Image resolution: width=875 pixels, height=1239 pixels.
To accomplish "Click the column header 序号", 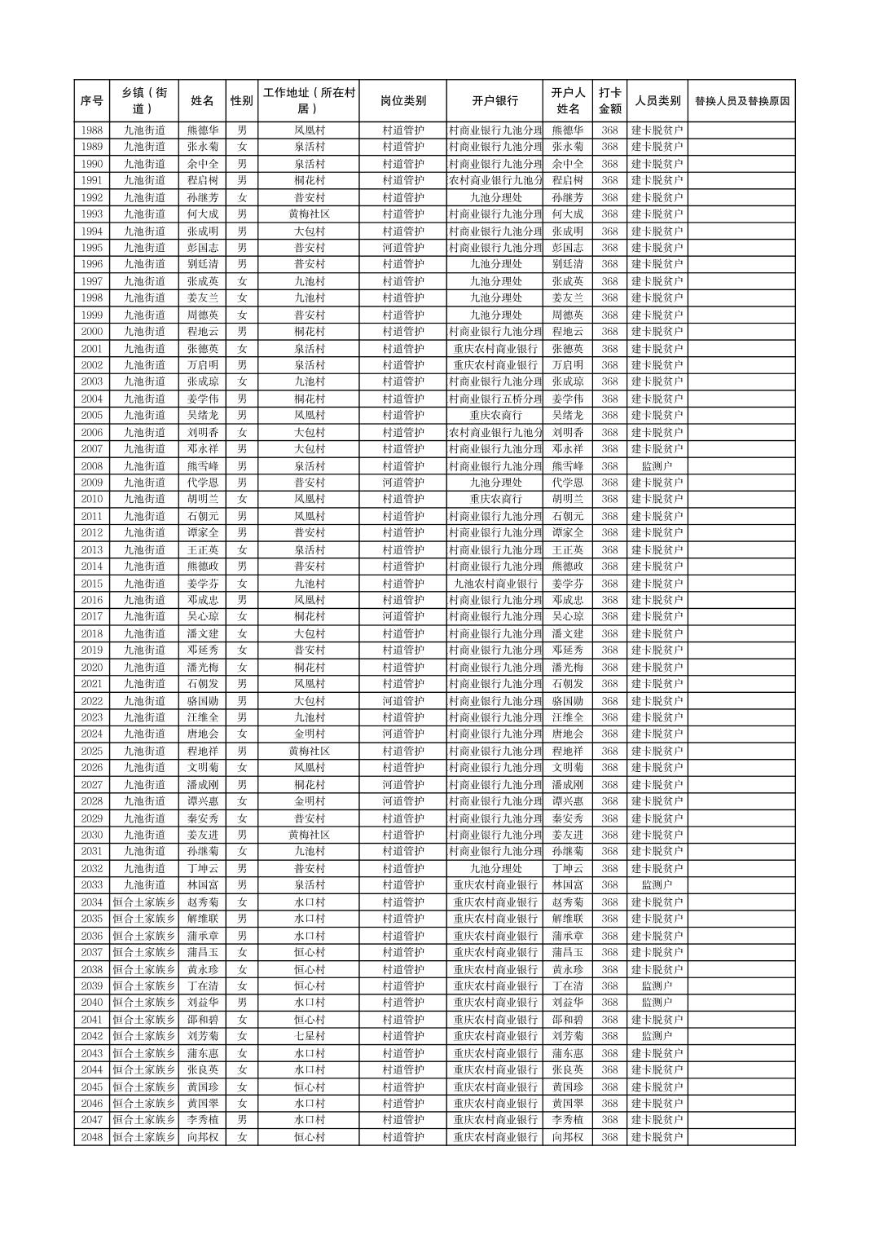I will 92,101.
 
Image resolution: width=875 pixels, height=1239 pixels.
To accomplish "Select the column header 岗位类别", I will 402,101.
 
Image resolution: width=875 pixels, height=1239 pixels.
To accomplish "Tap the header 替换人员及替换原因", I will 741,101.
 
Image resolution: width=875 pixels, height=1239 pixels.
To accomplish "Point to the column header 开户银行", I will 495,101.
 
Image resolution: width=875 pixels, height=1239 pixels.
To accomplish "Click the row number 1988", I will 92,130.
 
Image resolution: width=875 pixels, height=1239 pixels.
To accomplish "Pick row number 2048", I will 92,1137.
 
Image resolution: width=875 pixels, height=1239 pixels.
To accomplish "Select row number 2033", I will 92,885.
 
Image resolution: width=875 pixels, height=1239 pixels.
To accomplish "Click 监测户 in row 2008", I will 657,465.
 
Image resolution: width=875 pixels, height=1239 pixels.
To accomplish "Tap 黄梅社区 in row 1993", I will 309,214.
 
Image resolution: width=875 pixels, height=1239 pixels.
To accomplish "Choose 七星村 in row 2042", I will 309,1036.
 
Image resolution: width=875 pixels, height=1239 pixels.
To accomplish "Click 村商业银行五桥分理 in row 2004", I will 495,399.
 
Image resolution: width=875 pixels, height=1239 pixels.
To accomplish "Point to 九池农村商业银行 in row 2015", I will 495,583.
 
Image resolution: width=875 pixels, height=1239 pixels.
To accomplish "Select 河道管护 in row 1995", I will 402,247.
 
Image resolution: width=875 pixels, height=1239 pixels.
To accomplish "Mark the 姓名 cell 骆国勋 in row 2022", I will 202,701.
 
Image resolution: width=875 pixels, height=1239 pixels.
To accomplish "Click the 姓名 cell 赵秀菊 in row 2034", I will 202,902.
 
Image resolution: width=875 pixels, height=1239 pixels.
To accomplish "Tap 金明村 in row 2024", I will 309,734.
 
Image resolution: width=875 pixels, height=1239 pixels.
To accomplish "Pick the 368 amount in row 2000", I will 609,331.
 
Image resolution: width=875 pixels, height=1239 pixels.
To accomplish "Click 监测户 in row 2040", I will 657,1003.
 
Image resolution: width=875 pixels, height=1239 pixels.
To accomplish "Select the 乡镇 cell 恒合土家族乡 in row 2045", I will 144,1087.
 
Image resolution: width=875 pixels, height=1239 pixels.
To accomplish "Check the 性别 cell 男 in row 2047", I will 242,1120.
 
